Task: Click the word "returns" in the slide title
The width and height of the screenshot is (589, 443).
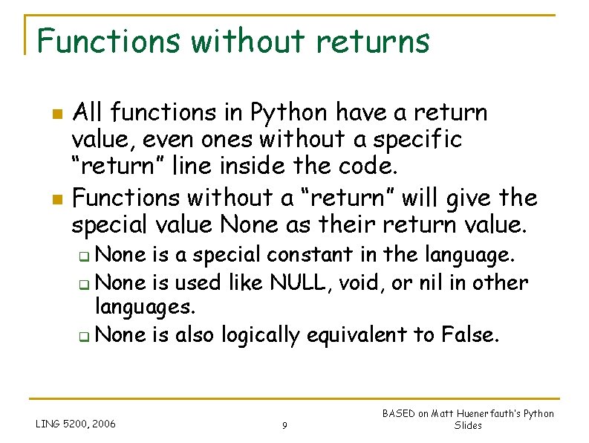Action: pos(372,41)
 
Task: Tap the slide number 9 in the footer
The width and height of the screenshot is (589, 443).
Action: pos(285,426)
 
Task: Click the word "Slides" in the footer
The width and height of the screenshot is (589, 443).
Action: pos(468,426)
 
